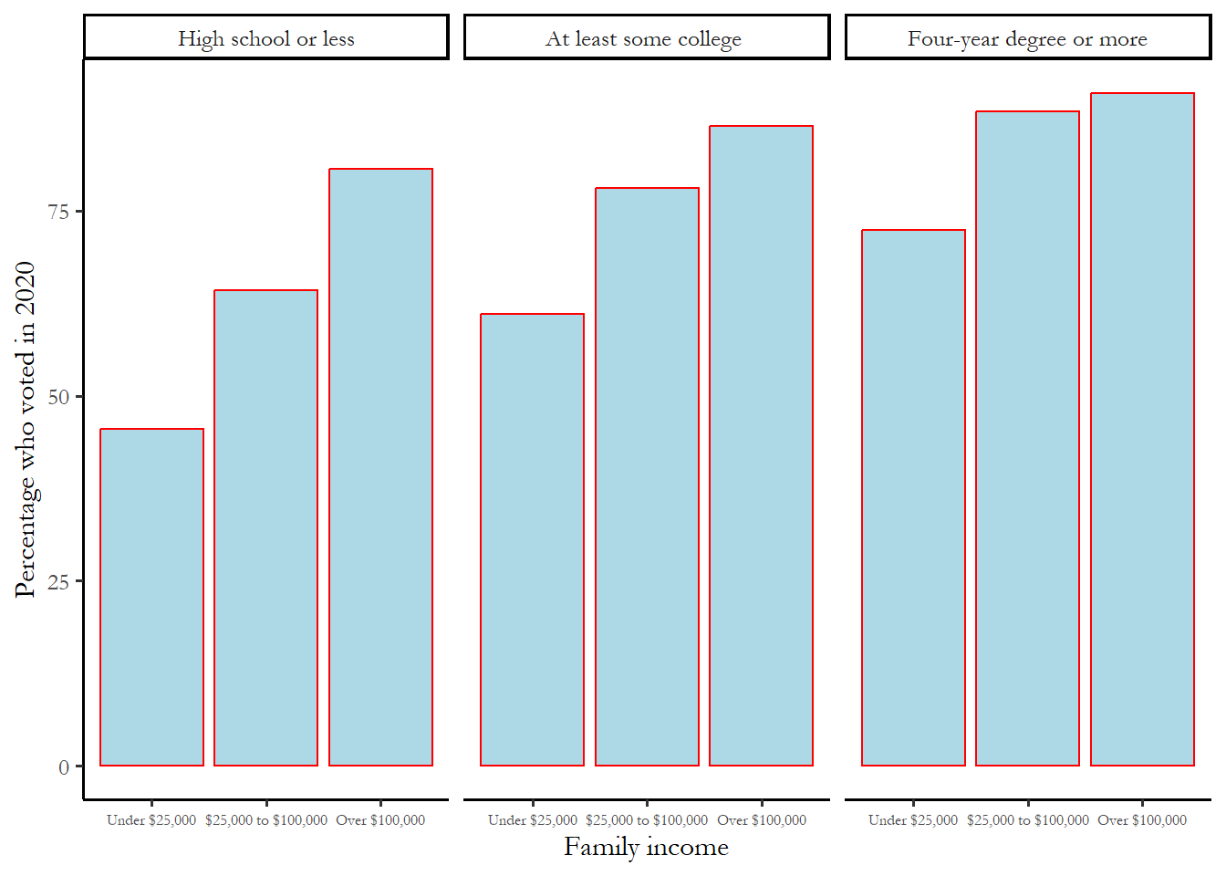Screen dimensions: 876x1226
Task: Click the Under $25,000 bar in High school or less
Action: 151,597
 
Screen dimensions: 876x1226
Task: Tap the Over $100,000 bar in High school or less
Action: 380,466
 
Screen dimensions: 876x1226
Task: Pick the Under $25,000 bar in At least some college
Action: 532,539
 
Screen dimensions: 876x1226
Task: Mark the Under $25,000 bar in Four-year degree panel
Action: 913,497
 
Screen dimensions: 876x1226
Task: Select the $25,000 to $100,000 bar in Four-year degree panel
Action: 1027,438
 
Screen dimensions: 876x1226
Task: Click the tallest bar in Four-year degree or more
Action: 1142,429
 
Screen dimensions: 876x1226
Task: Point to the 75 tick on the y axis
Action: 58,212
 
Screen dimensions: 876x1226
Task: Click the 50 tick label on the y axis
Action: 58,397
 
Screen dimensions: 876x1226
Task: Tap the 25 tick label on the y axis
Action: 58,581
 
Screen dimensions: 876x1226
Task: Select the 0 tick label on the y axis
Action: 64,766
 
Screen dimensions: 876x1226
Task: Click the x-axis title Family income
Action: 646,847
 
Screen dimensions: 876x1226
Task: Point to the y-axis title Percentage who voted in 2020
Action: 26,429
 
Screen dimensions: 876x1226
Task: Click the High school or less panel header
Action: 266,38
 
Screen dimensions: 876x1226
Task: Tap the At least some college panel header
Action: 646,38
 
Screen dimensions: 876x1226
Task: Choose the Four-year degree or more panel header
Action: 1027,38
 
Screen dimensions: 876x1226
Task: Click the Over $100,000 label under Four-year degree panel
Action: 1142,819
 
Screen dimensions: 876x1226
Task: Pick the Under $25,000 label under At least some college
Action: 533,819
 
